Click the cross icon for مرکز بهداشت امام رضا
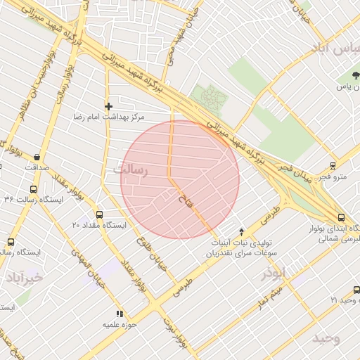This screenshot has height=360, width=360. (x=108, y=106)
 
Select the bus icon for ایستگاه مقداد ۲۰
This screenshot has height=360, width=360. (x=98, y=214)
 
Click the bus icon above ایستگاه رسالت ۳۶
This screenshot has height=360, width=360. (x=33, y=189)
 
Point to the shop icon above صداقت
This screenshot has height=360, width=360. (x=37, y=157)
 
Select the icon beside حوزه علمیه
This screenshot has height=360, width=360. (x=119, y=314)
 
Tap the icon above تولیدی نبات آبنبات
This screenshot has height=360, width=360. (x=242, y=231)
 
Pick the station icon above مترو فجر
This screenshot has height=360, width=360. (x=332, y=167)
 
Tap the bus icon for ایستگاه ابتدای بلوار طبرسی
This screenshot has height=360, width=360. (x=340, y=218)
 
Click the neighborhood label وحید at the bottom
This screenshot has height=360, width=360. (x=326, y=338)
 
